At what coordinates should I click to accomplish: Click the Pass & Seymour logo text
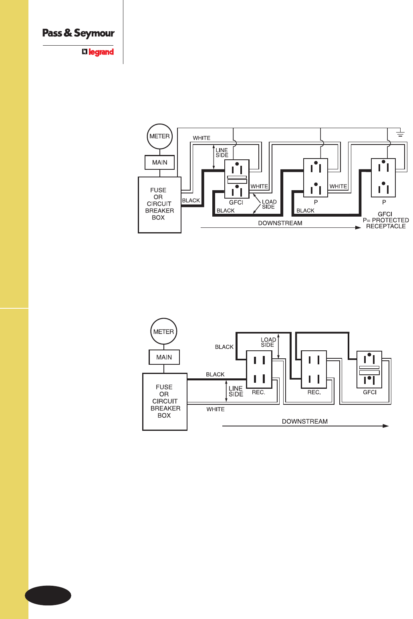point(79,33)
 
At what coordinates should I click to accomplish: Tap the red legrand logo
point(98,52)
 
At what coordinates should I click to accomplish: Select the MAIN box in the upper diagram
point(159,162)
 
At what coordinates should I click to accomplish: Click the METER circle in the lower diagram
point(163,332)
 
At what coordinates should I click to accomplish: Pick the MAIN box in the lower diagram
point(164,357)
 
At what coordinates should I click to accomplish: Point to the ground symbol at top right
point(400,133)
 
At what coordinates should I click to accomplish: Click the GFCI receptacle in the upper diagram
point(237,179)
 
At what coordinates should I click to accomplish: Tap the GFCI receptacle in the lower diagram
point(369,370)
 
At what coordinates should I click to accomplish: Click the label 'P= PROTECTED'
point(386,220)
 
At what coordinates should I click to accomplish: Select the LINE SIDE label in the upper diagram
point(222,153)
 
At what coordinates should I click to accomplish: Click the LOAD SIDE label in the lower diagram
point(268,342)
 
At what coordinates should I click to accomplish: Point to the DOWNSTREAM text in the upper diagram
point(280,223)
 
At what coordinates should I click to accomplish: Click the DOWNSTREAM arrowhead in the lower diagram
point(386,426)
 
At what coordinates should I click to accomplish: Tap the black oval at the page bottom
point(48,596)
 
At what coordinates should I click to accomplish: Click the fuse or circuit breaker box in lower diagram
point(165,402)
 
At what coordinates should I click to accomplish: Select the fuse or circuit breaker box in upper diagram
point(159,205)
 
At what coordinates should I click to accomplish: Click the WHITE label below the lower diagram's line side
point(216,409)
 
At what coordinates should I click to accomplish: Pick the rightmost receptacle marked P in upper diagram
point(383,178)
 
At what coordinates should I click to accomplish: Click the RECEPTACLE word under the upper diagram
point(386,226)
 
